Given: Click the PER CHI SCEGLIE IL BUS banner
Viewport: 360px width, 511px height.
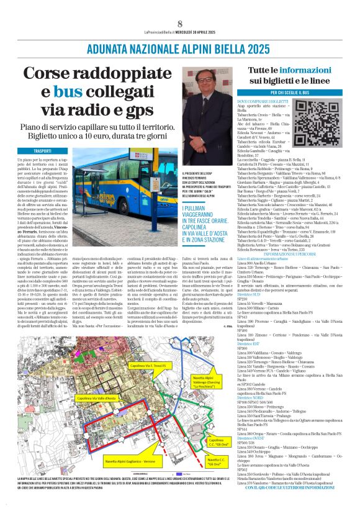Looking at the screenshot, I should [290, 93].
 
